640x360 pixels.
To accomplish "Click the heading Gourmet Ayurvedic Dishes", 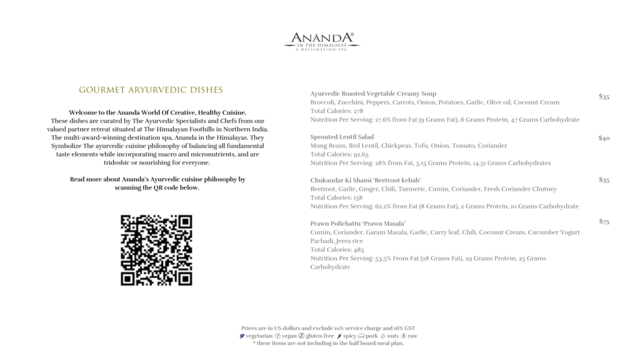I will pos(151,90).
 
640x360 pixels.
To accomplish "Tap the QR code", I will pos(156,250).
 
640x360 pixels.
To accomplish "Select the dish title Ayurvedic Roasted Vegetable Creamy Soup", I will pos(373,94).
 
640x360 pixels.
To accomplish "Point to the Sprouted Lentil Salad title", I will pos(342,137).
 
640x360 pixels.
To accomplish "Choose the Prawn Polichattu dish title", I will pos(358,224).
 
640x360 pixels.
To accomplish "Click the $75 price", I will pos(604,222).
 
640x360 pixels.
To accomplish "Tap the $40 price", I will pos(604,138).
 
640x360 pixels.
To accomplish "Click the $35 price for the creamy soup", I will pos(604,97).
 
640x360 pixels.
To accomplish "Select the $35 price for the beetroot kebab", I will pos(604,181).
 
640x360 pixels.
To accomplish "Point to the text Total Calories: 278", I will pos(336,111).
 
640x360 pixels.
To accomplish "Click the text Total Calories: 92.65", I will pos(339,154).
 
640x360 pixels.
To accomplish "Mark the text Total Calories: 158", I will pos(336,197).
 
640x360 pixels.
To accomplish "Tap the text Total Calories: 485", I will pos(336,249).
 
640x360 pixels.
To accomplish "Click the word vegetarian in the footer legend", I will pos(259,336).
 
